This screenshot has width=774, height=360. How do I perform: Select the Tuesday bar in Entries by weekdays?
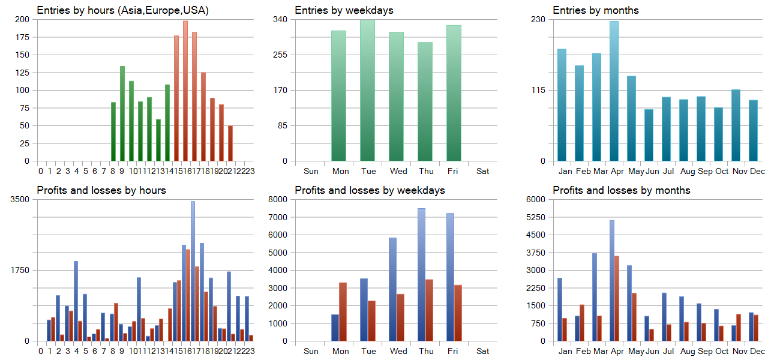coord(367,90)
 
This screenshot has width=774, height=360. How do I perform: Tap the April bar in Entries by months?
coord(614,91)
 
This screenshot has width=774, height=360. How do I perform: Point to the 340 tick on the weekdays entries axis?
coord(280,19)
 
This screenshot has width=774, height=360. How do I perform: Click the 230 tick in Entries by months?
coord(538,19)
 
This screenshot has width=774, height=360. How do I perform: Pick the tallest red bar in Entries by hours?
coord(185,91)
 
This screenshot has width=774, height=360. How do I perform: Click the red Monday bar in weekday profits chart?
coord(343,311)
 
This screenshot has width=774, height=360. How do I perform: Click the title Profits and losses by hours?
coord(101,190)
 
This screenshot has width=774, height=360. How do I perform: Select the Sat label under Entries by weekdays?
coord(482,171)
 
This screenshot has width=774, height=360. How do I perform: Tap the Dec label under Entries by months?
coord(757,171)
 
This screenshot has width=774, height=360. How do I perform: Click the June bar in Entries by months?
coord(649,135)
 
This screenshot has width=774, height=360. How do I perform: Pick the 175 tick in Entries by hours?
coord(22,37)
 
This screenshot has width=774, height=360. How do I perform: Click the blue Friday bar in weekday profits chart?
coord(450,277)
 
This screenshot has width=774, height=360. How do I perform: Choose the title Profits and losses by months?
coord(621,190)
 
